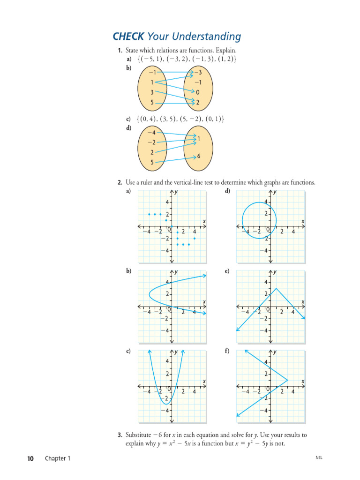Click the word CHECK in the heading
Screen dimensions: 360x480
pyautogui.click(x=128, y=37)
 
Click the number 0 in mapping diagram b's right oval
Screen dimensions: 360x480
pyautogui.click(x=198, y=92)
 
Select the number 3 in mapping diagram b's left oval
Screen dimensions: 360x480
pyautogui.click(x=152, y=92)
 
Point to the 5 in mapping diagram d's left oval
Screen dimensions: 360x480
pyautogui.click(x=152, y=163)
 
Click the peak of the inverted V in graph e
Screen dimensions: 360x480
pyautogui.click(x=277, y=288)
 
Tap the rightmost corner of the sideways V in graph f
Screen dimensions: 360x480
pyautogui.click(x=288, y=380)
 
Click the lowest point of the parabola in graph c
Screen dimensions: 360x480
pyautogui.click(x=165, y=404)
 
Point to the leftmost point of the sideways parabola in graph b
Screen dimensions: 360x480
pyautogui.click(x=150, y=294)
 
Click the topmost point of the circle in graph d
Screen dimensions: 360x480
pyautogui.click(x=259, y=202)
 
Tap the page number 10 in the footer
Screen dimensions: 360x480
pyautogui.click(x=30, y=458)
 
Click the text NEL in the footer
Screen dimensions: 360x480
pyautogui.click(x=319, y=458)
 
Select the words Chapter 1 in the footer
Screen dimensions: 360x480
pyautogui.click(x=57, y=458)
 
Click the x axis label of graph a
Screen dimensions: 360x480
pyautogui.click(x=204, y=221)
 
